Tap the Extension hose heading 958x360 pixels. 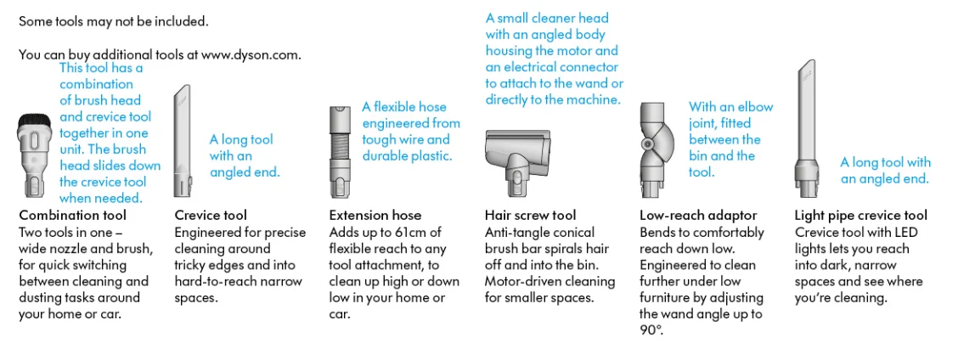375,216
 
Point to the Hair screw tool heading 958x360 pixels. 530,216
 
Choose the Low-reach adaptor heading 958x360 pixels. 697,216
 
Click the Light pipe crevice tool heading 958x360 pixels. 860,216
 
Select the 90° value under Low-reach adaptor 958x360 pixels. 650,330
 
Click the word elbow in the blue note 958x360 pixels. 754,107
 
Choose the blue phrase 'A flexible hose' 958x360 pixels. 403,107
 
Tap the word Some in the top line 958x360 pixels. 35,20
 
